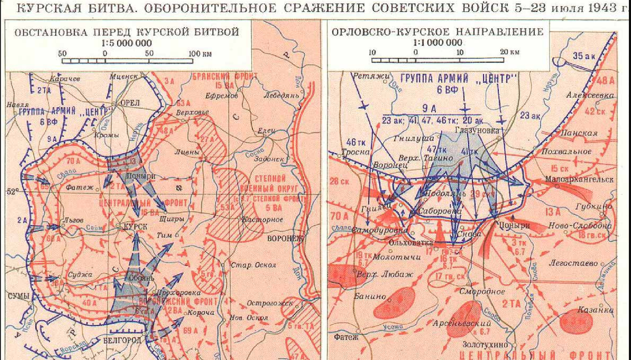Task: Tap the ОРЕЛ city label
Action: (129, 103)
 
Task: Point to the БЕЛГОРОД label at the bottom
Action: (124, 341)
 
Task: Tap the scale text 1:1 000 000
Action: (437, 43)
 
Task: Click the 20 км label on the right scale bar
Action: (510, 52)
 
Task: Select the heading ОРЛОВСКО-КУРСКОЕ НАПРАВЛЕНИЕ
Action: (437, 32)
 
